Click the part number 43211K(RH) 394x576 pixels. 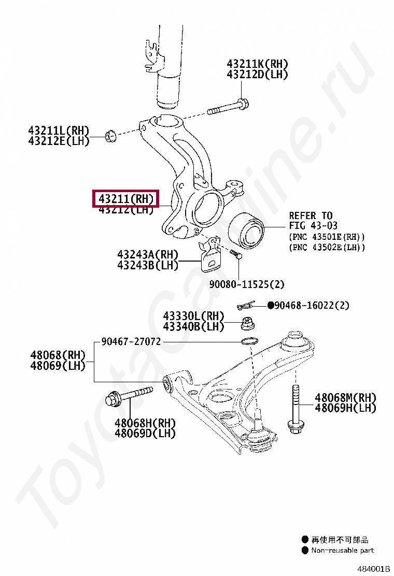point(257,64)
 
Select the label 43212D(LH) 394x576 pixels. point(257,74)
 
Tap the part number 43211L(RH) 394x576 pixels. point(59,130)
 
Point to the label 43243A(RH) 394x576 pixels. point(148,254)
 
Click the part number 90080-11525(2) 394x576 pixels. point(247,284)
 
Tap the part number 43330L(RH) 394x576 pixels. point(193,316)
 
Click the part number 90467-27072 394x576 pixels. point(131,341)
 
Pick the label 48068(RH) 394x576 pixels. point(57,355)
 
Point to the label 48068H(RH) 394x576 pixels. point(145,423)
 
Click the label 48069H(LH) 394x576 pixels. point(346,408)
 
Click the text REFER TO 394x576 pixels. point(311,215)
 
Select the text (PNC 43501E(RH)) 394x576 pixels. point(327,237)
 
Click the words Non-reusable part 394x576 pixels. point(342,550)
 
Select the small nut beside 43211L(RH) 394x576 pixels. point(109,136)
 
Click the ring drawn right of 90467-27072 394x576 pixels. point(249,341)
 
